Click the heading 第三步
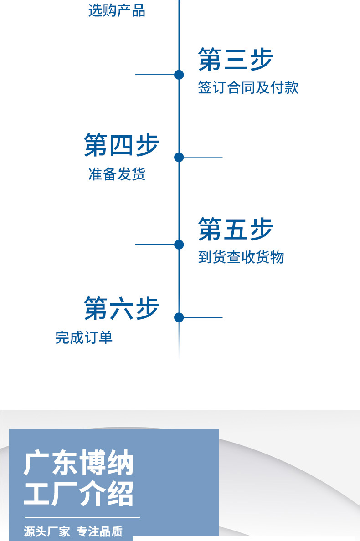click(236, 60)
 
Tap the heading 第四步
click(122, 145)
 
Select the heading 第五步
click(236, 229)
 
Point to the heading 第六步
click(122, 308)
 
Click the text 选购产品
click(117, 10)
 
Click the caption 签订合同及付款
click(248, 87)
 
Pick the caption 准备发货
click(117, 174)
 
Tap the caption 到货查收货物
click(241, 257)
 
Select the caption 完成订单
click(84, 337)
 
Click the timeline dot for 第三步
click(179, 75)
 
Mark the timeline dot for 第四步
click(179, 157)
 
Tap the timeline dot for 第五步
click(179, 245)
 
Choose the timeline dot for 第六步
click(179, 317)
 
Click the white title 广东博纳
click(78, 463)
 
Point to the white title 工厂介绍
click(78, 494)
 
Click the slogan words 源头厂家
click(47, 531)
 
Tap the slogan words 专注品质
click(100, 531)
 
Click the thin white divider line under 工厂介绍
click(82, 517)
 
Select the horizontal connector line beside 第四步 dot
click(203, 157)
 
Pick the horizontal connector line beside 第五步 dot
click(154, 244)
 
